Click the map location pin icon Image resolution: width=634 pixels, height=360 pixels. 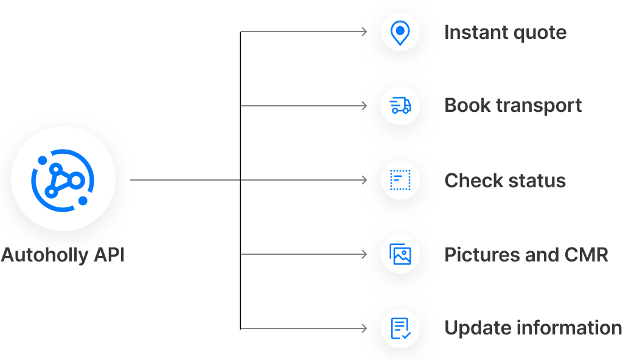click(400, 32)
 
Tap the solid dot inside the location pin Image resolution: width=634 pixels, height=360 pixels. click(400, 30)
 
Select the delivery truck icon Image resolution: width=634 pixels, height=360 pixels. click(400, 106)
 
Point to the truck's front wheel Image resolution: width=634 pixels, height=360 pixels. click(406, 111)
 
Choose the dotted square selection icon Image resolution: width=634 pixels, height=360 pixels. click(400, 180)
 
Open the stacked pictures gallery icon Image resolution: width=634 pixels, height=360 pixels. click(400, 254)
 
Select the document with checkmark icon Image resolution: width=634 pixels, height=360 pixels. click(400, 328)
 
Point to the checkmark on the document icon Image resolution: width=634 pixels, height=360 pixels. click(406, 334)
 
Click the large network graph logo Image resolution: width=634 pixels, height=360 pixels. click(63, 179)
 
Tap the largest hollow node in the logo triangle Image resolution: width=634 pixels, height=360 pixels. click(76, 179)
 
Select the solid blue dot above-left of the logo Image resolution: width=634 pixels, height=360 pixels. click(43, 160)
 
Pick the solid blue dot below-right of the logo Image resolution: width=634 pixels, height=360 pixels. click(83, 200)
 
